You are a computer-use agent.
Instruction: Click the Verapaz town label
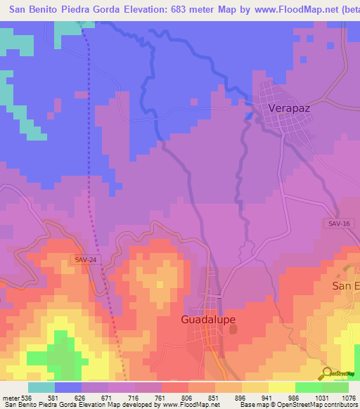tap(289, 109)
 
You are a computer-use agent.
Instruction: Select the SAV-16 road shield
tap(338, 223)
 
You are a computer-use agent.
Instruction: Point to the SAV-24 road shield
tap(85, 259)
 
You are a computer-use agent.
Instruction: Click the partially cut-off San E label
tap(345, 287)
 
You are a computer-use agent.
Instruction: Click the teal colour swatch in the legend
tap(41, 387)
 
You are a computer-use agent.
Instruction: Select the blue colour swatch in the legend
tap(68, 387)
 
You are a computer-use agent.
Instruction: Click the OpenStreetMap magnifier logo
tap(327, 372)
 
